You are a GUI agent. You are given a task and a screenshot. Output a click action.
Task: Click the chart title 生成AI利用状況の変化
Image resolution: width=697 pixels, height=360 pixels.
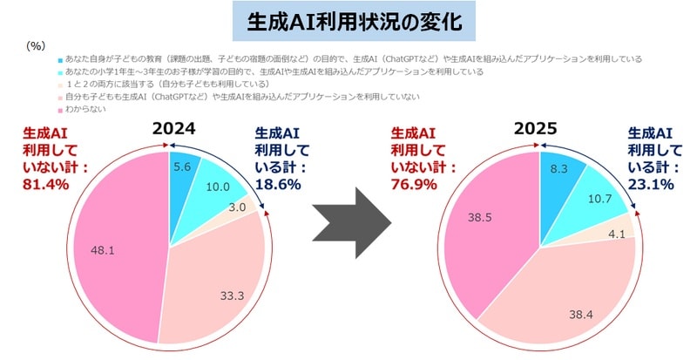tap(348, 18)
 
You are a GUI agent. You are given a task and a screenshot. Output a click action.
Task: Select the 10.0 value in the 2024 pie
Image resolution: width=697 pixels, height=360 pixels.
tap(213, 185)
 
